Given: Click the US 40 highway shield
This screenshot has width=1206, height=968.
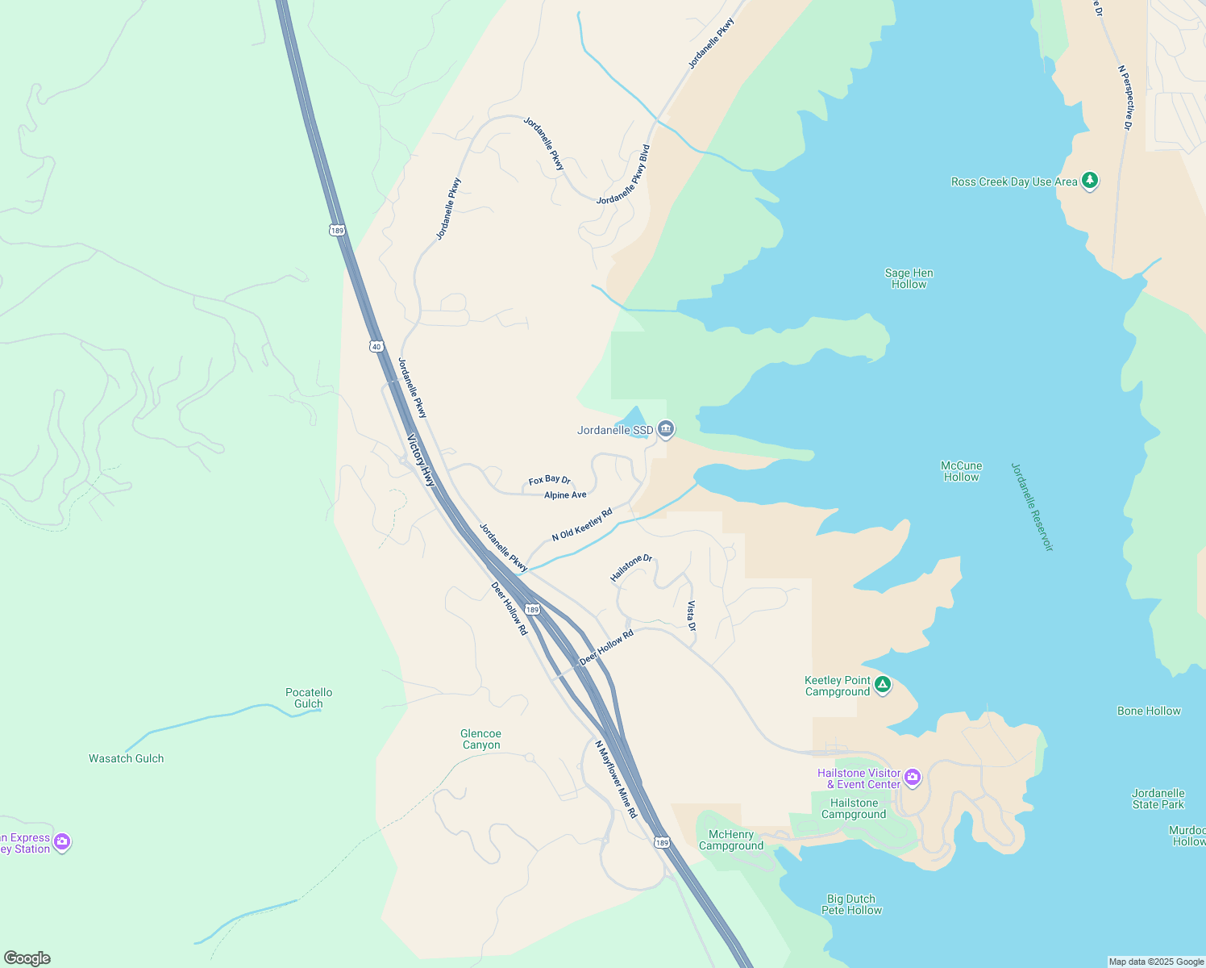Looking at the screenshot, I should (376, 347).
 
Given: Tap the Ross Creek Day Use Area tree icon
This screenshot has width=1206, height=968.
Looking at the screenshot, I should (1090, 181).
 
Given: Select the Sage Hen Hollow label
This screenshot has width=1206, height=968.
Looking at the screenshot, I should (909, 278).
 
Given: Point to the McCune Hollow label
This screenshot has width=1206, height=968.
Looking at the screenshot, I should (961, 471).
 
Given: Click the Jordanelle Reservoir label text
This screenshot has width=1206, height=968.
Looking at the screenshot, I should (1032, 507).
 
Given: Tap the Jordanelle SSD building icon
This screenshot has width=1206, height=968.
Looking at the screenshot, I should (666, 429).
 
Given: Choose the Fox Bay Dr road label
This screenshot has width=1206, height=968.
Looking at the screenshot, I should (549, 480).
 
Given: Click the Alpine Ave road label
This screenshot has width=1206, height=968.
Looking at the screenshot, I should (565, 495).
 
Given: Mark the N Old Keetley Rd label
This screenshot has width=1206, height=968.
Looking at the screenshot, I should (582, 524).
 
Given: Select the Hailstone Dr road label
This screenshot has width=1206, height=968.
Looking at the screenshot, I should (631, 568).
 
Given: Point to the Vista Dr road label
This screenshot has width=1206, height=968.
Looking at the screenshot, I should (691, 615).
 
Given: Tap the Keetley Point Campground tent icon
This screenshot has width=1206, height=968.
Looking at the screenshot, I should (883, 685).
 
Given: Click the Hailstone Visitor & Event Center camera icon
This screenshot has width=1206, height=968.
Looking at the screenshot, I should (913, 778).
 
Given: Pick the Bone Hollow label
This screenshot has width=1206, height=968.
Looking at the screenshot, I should (1149, 711).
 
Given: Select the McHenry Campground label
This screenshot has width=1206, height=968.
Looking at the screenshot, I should (731, 840).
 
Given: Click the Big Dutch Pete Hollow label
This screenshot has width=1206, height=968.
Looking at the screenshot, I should (851, 904).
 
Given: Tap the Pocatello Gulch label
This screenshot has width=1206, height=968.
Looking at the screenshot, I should (309, 698).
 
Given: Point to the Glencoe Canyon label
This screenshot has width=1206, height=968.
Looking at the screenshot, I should (481, 739).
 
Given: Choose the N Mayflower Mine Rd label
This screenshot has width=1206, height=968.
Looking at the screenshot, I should (616, 779).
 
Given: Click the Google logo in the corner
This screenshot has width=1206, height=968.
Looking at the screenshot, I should (27, 958).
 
